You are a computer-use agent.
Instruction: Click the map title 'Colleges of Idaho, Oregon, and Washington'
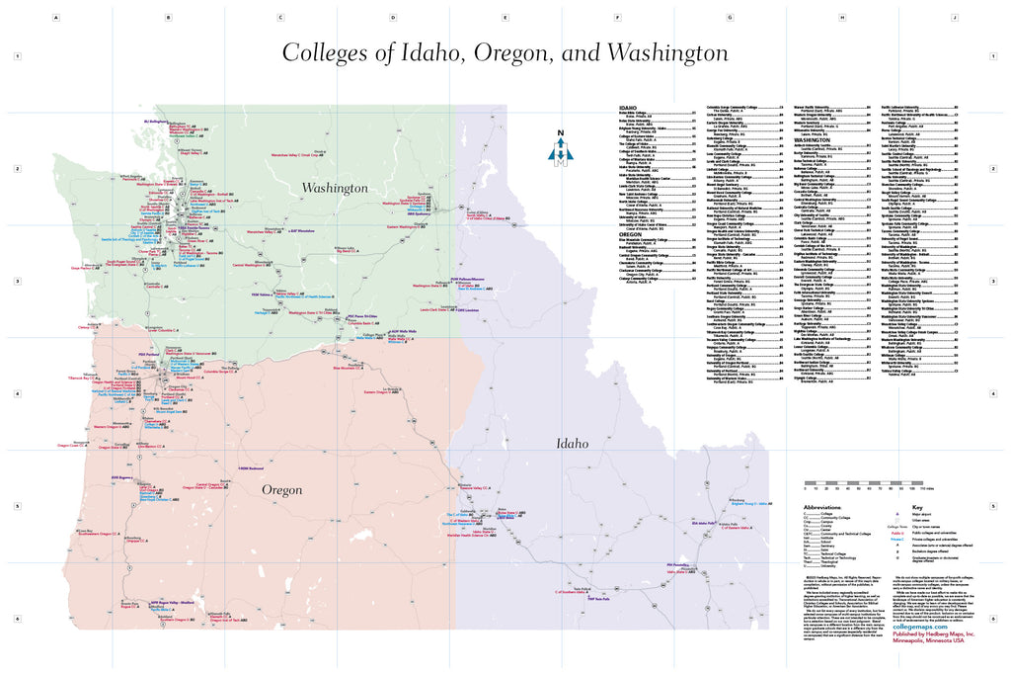coord(505,52)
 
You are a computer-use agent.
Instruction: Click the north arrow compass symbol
coord(561,151)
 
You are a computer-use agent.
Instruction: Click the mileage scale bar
coord(869,483)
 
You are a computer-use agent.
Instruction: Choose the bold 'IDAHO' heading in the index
coord(627,107)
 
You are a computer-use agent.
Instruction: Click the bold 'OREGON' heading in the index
coord(630,233)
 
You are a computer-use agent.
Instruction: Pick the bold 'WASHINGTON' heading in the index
coord(813,140)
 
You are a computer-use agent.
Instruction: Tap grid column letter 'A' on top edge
coord(56,18)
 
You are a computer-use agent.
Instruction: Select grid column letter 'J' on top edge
coord(954,18)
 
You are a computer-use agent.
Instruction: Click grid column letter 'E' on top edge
coord(505,18)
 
